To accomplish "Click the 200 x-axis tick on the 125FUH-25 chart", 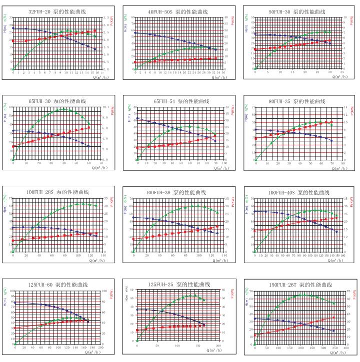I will [x=218, y=346].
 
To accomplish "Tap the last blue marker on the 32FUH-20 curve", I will [x=95, y=49].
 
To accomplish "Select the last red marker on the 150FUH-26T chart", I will [x=334, y=317].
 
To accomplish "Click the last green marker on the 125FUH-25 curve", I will [x=203, y=300].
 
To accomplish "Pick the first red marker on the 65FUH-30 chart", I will [x=13, y=146].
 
